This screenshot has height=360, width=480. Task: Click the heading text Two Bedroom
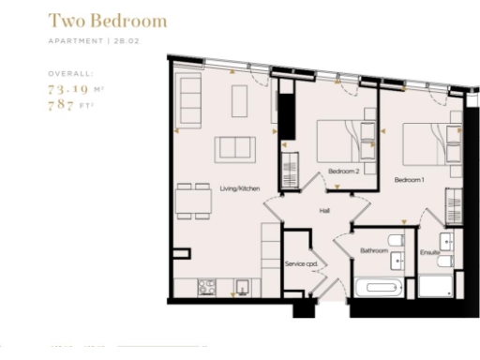click(x=108, y=21)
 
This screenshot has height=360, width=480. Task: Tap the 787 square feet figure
click(x=67, y=105)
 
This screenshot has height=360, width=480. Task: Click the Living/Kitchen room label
click(x=239, y=188)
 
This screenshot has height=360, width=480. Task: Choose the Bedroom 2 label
click(x=343, y=172)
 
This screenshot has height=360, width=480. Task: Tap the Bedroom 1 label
click(x=409, y=178)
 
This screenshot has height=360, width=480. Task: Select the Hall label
click(x=324, y=211)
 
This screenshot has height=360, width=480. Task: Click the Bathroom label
click(x=374, y=250)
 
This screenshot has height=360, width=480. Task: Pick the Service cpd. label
click(x=302, y=264)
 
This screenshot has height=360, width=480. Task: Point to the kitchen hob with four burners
click(x=206, y=286)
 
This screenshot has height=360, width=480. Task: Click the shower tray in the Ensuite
click(x=435, y=285)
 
